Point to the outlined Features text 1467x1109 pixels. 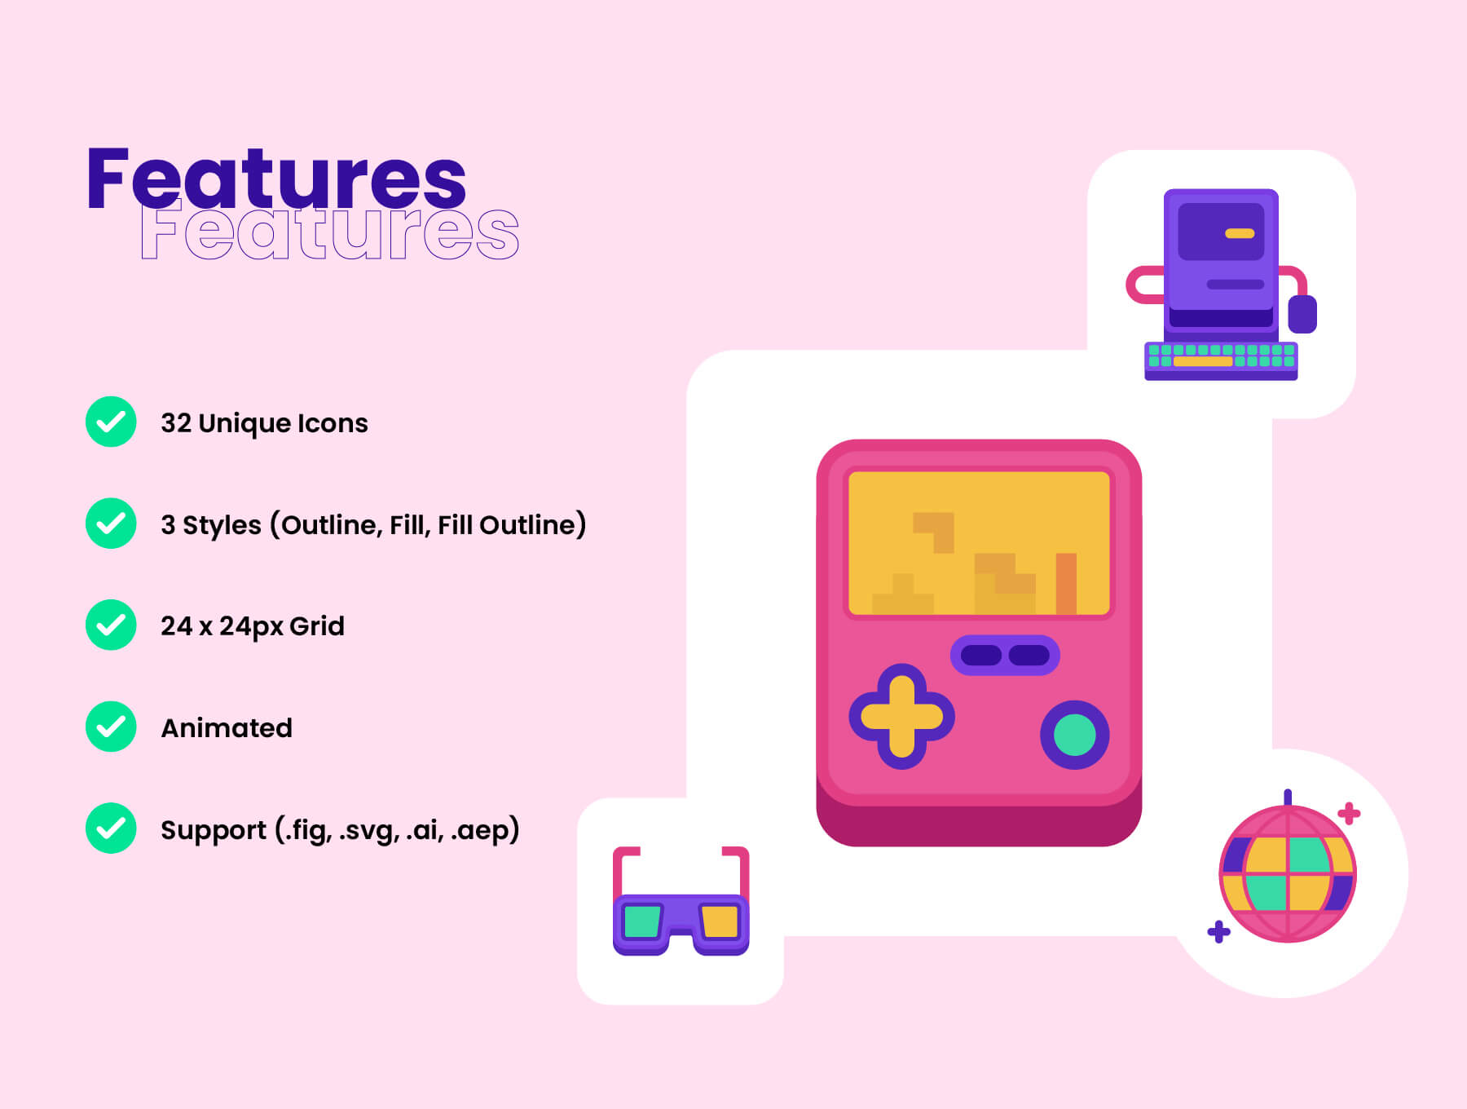point(330,232)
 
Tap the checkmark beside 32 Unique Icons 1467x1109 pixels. point(111,422)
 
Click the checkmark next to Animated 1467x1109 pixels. point(111,727)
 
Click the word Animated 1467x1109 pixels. point(227,728)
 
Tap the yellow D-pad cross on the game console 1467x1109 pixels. point(901,717)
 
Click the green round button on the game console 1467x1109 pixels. point(1074,735)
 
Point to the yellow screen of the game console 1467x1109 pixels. point(979,542)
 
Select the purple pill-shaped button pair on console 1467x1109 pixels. point(1005,656)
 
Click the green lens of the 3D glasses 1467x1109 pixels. point(642,921)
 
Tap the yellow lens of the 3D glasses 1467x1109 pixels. point(720,921)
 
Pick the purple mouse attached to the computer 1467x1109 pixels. point(1302,314)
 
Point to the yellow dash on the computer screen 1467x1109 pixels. point(1240,234)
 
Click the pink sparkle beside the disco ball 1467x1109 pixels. point(1349,813)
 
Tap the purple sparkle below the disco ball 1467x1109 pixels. point(1218,931)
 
